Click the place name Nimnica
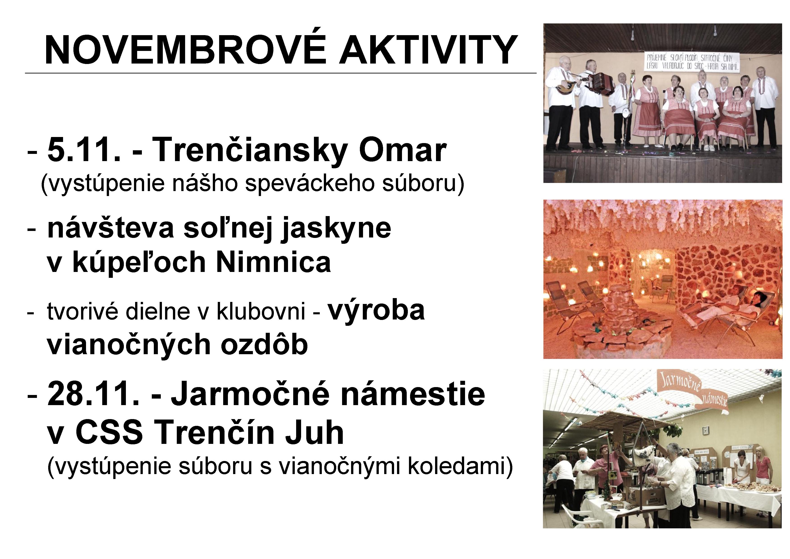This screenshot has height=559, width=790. pyautogui.click(x=274, y=262)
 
